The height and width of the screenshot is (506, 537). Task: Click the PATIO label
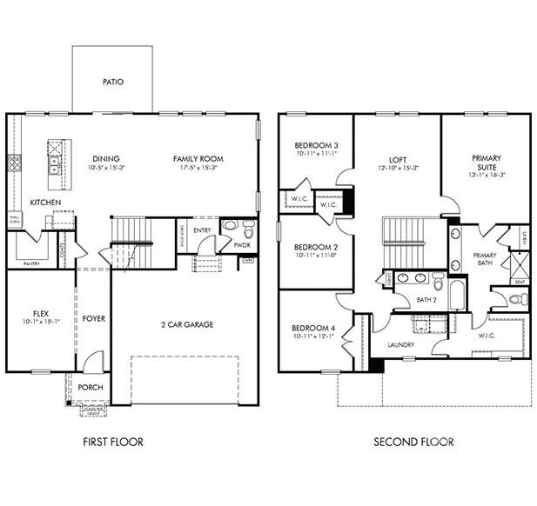click(113, 83)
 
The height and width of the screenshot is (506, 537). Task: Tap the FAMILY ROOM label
click(198, 158)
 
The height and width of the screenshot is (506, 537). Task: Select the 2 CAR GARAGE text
click(186, 324)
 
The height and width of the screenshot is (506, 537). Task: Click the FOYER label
click(94, 318)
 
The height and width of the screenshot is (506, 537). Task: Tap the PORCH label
click(91, 388)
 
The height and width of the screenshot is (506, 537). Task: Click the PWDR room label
click(243, 245)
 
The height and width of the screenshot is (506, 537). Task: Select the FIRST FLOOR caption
click(113, 442)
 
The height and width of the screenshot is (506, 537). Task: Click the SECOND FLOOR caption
click(413, 442)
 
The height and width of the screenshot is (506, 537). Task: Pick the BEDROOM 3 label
click(316, 145)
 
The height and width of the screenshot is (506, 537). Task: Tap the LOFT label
click(398, 160)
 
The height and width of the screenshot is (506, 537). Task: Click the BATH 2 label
click(426, 300)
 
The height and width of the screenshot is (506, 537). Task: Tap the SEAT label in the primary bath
click(520, 282)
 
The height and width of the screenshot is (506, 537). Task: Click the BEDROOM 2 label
click(316, 247)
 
